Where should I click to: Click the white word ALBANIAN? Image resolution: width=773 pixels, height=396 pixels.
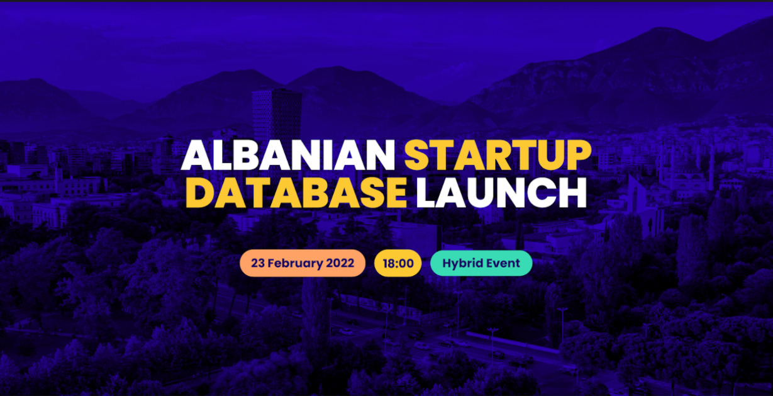click(x=288, y=154)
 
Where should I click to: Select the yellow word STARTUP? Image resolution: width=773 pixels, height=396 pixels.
click(x=498, y=154)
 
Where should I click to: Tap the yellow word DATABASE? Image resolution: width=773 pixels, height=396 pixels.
click(x=296, y=193)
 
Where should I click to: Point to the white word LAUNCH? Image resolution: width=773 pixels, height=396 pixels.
click(x=501, y=193)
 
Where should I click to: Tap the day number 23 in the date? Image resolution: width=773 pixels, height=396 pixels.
click(x=258, y=263)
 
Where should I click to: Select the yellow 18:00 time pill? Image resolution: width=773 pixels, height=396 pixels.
click(x=398, y=263)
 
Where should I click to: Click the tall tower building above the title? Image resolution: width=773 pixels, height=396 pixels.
click(x=277, y=114)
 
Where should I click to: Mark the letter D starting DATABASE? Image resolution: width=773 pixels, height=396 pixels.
click(x=199, y=193)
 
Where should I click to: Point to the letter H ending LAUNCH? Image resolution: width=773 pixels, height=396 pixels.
click(x=572, y=193)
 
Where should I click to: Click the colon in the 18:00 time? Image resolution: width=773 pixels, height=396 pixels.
click(x=398, y=264)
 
